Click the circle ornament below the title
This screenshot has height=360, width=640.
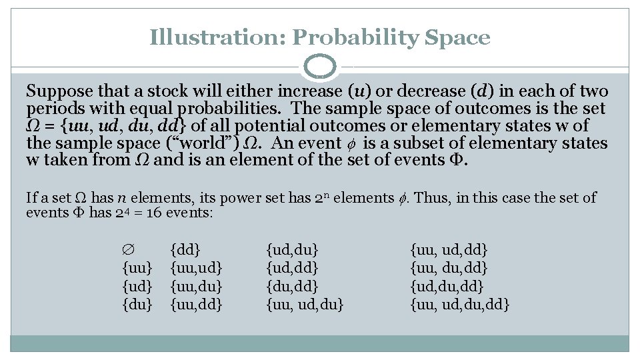click(x=320, y=67)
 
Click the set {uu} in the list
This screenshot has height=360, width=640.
click(x=138, y=269)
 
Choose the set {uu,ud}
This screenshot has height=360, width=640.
click(x=196, y=269)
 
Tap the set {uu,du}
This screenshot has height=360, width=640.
click(x=196, y=287)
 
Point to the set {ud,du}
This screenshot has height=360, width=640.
click(x=292, y=251)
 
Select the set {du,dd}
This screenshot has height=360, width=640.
click(x=292, y=287)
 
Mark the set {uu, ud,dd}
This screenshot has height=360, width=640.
click(x=449, y=251)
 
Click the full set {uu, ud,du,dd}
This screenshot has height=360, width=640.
click(x=461, y=305)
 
